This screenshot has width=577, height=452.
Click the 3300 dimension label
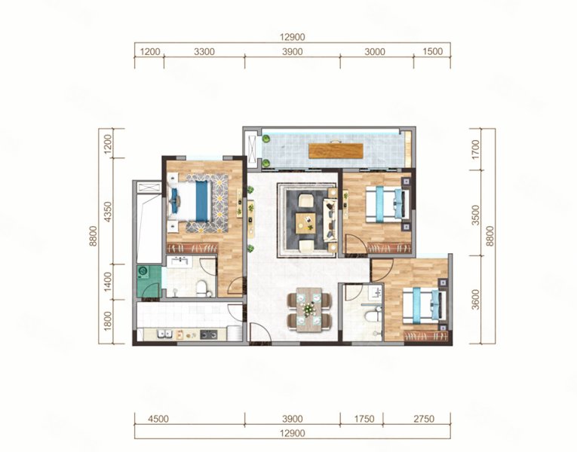[x=204, y=51]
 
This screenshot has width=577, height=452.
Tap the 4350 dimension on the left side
[x=107, y=212]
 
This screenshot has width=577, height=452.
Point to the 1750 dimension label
[x=364, y=419]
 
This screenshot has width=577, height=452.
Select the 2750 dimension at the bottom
[x=424, y=419]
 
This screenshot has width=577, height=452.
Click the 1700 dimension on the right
[x=475, y=150]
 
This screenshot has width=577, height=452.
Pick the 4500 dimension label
[x=158, y=419]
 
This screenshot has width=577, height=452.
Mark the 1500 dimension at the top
[x=432, y=51]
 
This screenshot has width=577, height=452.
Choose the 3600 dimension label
[x=475, y=300]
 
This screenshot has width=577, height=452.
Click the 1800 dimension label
[x=107, y=321]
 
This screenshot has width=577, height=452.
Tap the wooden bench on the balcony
[x=336, y=151]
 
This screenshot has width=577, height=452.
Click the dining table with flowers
[x=309, y=310]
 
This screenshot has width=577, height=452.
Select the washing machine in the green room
[x=143, y=272]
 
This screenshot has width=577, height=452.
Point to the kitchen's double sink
[x=164, y=334]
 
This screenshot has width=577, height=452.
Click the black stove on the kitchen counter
[x=208, y=334]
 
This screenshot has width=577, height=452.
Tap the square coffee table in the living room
[x=305, y=223]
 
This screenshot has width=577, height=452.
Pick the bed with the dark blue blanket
[x=190, y=201]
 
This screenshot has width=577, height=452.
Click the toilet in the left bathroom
[x=201, y=289]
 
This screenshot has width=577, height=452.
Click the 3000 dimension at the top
[x=375, y=51]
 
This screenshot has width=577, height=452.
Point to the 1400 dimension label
[x=107, y=282]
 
